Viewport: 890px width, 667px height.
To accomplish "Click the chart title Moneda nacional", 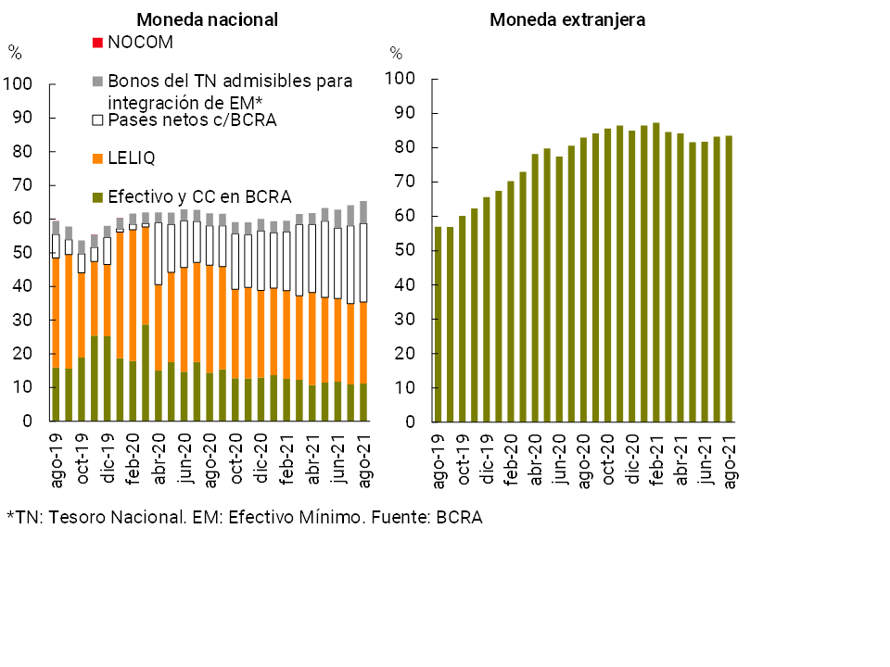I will pyautogui.click(x=207, y=19).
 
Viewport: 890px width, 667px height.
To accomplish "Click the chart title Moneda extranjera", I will pyautogui.click(x=567, y=19).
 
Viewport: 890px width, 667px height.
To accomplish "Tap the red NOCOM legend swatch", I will pyautogui.click(x=96, y=42).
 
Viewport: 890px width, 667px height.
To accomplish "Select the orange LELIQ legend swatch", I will pyautogui.click(x=96, y=158).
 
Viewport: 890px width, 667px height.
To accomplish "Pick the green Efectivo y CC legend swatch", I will pyautogui.click(x=96, y=196).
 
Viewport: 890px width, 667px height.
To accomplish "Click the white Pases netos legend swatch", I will pyautogui.click(x=96, y=120).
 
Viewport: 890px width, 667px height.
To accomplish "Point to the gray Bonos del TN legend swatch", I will pyautogui.click(x=96, y=82).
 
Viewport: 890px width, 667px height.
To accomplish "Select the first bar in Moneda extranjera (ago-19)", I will pyautogui.click(x=439, y=324).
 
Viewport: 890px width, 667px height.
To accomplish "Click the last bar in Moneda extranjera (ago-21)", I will pyautogui.click(x=729, y=278).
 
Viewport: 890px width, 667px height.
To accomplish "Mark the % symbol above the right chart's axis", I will pyautogui.click(x=396, y=53).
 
